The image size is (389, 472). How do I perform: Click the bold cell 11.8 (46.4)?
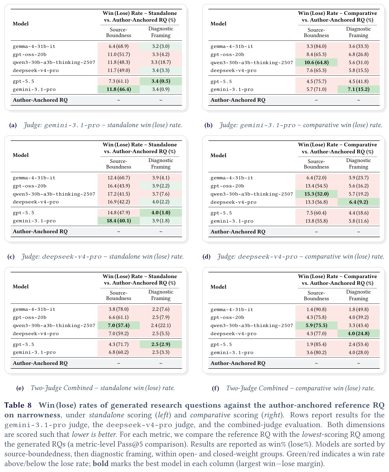tap(119, 89)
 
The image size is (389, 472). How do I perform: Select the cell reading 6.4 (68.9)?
tap(119, 46)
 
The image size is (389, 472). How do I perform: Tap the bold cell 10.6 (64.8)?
tap(316, 62)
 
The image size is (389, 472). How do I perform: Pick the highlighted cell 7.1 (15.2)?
tap(358, 89)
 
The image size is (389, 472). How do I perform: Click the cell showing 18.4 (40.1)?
tap(119, 221)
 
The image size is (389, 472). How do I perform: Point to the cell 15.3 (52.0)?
tap(316, 194)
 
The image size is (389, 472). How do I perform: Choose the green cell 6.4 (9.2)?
tap(358, 202)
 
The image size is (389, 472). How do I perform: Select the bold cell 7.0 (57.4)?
tap(119, 325)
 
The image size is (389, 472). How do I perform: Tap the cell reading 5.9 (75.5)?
tap(316, 325)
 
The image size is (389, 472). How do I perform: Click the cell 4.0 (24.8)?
tap(358, 334)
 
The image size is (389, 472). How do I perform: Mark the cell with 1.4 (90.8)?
tap(316, 309)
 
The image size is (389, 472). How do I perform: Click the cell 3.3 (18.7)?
tap(161, 62)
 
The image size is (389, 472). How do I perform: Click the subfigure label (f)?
tap(215, 388)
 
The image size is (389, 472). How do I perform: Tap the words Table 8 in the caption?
tap(18, 405)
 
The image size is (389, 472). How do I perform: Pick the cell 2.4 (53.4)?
tap(358, 344)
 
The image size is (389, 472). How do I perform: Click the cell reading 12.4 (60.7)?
tap(119, 178)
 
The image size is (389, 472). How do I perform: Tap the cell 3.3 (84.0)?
tap(316, 46)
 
